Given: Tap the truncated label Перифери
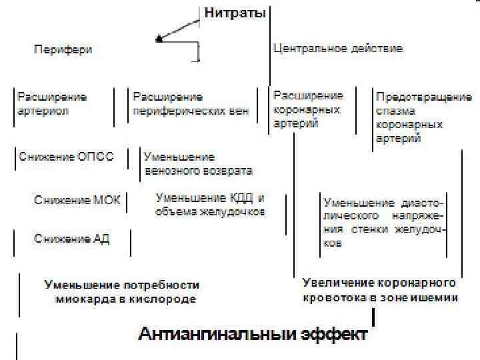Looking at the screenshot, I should click(x=63, y=49).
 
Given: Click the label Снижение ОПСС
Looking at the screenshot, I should click(x=66, y=157).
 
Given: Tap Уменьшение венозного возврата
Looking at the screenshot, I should click(x=198, y=164).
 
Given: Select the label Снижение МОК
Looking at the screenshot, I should click(x=77, y=200).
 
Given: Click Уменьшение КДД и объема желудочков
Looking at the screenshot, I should click(x=210, y=205).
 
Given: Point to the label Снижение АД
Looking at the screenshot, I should click(x=72, y=239).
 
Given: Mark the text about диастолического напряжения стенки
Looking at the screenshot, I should click(x=384, y=223).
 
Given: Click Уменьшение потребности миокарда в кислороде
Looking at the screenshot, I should click(x=121, y=292).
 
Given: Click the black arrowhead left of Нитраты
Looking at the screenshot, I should click(x=159, y=39).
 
